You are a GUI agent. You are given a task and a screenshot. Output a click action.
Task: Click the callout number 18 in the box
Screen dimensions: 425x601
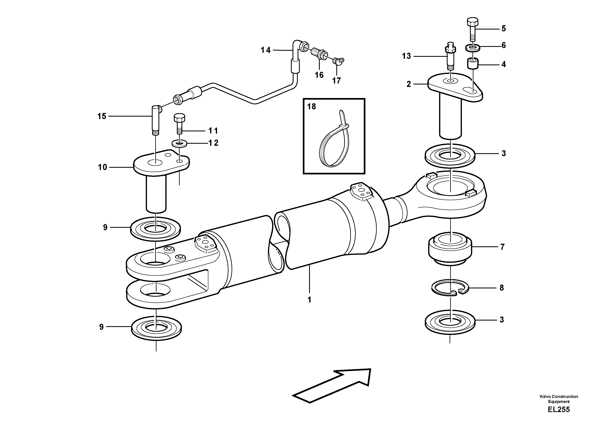(312, 107)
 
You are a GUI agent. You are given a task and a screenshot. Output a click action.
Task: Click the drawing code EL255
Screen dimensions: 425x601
(559, 410)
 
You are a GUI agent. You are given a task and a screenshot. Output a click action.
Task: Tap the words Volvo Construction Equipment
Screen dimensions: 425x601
(559, 399)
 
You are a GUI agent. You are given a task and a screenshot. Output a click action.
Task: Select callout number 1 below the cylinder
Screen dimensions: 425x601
(309, 300)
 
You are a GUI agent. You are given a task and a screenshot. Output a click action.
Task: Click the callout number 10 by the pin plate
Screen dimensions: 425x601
(102, 167)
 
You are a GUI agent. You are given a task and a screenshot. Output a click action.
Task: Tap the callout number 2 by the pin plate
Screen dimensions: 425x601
(409, 84)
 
